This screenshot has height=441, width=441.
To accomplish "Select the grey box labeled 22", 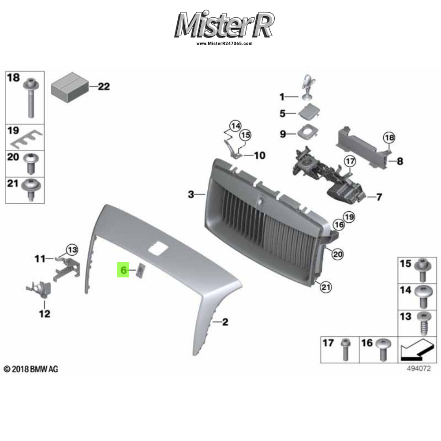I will pos(69,87).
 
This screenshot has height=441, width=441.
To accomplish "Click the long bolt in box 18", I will pos(30,99).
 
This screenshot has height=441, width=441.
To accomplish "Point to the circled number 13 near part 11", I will pos(72,250).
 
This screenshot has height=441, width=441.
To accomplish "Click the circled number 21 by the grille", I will pos(325,288).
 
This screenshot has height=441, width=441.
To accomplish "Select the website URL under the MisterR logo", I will pos(224,44).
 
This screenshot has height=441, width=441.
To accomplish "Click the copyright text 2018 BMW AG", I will pos(31,369).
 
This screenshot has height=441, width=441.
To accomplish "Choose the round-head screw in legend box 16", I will pos(382,350).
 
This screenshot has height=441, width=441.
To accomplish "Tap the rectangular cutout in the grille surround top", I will pos(158,249).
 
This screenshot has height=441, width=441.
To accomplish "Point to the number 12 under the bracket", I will pos(45,314).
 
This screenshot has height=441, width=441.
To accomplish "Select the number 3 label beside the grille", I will pos(191,194).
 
